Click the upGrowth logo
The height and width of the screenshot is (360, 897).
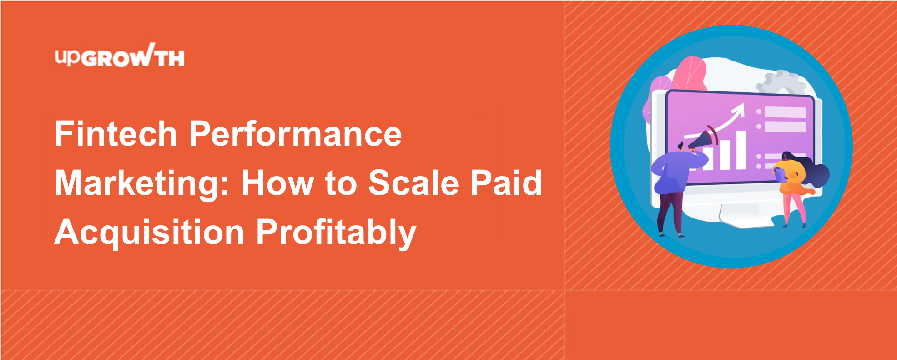click(120, 56)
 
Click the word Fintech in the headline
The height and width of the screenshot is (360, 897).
click(116, 134)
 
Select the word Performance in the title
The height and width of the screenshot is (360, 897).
click(295, 134)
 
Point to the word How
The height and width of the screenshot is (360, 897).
click(277, 183)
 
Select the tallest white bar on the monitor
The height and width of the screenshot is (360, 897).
click(741, 150)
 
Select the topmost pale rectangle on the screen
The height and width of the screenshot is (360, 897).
click(785, 112)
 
